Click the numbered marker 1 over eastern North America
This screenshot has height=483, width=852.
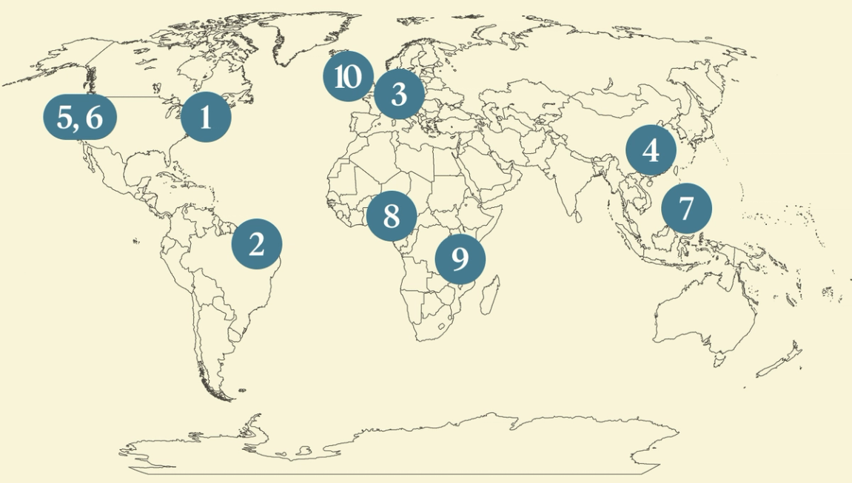click(206, 117)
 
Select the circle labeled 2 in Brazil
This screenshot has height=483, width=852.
click(257, 243)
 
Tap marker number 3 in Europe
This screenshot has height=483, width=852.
click(399, 95)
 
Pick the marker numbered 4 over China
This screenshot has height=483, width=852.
click(651, 151)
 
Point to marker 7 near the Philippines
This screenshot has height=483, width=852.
click(686, 209)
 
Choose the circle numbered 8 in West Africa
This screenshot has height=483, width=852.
click(392, 216)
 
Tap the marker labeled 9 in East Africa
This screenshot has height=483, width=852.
click(460, 259)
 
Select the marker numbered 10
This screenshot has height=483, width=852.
click(347, 76)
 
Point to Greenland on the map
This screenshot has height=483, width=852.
click(296, 44)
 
